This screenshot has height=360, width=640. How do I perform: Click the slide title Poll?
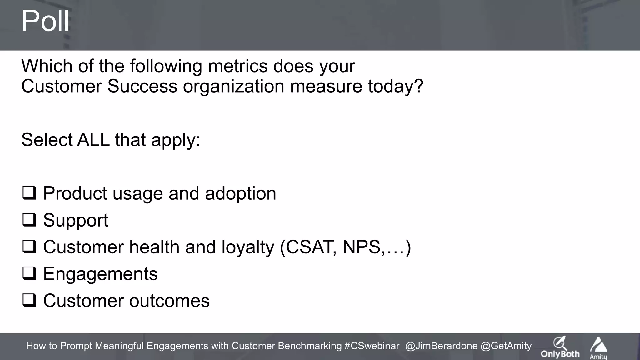45,21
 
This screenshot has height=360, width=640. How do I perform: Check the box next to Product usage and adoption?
29,193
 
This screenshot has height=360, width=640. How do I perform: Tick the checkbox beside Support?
29,220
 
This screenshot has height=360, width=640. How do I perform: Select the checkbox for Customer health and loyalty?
29,247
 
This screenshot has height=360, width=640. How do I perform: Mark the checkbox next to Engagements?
29,274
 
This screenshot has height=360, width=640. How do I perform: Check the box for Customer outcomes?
29,301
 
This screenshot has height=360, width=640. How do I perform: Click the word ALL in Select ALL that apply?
93,140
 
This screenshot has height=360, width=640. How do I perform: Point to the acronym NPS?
362,247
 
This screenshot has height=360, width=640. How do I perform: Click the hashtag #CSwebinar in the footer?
372,346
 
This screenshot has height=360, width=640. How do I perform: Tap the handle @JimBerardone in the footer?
441,346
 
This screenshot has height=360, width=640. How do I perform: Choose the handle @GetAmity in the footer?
506,346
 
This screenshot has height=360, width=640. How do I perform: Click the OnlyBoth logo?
560,347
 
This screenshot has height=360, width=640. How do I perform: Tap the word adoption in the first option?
240,193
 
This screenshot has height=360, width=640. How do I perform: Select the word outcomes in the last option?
169,301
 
